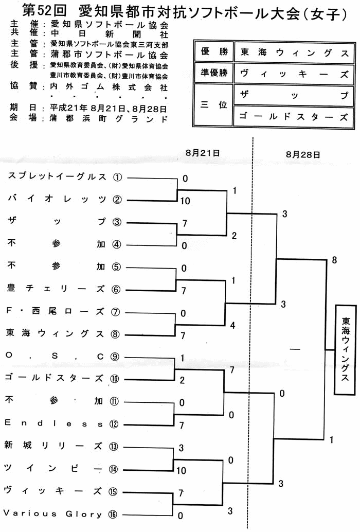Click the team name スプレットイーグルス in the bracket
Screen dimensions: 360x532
[57, 176]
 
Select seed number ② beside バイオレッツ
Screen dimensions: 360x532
[117, 200]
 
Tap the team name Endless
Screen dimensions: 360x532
[53, 423]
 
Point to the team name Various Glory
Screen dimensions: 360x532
[52, 513]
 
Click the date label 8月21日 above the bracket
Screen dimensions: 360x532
[203, 153]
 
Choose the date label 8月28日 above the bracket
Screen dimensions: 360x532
[303, 155]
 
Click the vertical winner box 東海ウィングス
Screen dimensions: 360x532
[345, 349]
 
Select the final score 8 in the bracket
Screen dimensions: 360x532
[334, 260]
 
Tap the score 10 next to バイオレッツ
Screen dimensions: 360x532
[185, 201]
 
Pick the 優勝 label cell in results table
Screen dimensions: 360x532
[214, 51]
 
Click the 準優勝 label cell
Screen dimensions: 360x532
[214, 73]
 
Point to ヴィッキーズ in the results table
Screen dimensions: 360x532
[294, 74]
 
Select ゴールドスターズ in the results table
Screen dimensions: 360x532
[294, 117]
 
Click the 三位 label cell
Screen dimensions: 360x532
[214, 105]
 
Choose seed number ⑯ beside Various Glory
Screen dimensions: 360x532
[113, 515]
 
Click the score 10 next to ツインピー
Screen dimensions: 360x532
[182, 470]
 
